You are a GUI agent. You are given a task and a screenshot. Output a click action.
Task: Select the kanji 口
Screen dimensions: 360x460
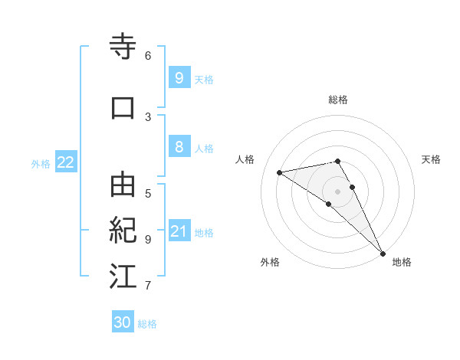click(x=123, y=107)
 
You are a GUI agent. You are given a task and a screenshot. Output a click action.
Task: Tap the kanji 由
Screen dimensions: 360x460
click(x=123, y=185)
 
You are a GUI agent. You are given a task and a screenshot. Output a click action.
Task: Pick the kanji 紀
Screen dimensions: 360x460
click(x=123, y=230)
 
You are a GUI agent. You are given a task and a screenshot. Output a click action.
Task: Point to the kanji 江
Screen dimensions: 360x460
click(x=123, y=276)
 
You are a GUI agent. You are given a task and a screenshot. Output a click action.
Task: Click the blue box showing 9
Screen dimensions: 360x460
click(x=179, y=78)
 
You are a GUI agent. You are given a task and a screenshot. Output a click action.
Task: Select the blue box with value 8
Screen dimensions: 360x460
click(x=179, y=148)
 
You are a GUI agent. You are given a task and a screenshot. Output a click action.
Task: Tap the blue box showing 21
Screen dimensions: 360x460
click(x=179, y=231)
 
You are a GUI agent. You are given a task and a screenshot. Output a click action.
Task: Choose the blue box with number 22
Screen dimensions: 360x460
click(x=66, y=162)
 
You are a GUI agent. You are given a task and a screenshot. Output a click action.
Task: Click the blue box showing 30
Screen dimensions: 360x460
click(x=123, y=322)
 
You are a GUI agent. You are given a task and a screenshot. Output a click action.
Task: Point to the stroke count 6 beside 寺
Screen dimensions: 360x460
click(x=148, y=55)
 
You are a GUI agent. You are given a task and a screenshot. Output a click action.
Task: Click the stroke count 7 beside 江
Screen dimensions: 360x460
click(x=148, y=286)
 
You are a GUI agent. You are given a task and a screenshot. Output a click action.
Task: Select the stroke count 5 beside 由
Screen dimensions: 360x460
click(x=148, y=193)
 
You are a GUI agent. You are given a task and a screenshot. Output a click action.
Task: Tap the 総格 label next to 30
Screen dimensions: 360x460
click(x=147, y=324)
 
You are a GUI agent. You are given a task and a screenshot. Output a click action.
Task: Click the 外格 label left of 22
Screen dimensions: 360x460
click(x=41, y=163)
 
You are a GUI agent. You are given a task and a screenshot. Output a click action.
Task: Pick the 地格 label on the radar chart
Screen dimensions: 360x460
click(x=402, y=262)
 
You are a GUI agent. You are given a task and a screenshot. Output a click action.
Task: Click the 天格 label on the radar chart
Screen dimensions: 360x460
click(x=431, y=159)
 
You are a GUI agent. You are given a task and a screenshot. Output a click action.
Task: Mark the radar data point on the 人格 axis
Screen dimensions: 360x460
click(x=279, y=172)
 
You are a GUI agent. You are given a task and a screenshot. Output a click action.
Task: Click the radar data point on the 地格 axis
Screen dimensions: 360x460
click(x=382, y=252)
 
